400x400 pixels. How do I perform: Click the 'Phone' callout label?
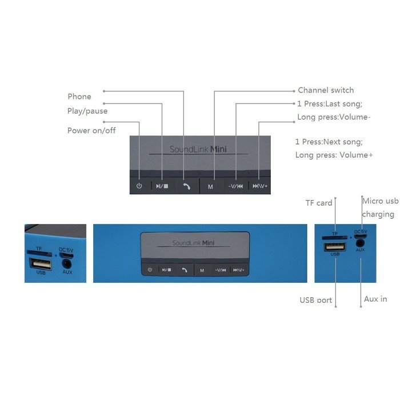point(79,97)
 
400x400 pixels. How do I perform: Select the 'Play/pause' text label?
point(87,111)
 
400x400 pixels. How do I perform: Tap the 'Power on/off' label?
point(91,130)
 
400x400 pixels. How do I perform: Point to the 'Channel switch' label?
point(326,90)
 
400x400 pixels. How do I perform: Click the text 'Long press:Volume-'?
point(334,117)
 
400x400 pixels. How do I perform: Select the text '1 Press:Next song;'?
point(329,142)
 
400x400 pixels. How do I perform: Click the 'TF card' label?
point(319,203)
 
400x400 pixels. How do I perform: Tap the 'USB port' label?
point(316,300)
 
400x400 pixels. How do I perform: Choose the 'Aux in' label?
point(375,299)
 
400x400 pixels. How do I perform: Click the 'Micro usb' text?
point(381,201)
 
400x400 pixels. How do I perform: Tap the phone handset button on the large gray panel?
point(187,186)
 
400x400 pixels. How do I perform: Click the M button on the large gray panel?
point(210,186)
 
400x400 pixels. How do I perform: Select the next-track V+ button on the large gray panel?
point(260,186)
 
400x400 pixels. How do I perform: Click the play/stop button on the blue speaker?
point(167,270)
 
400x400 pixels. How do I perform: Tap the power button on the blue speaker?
point(150,270)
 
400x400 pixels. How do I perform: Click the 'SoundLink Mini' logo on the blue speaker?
point(193,243)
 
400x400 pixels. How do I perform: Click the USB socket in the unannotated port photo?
point(41,264)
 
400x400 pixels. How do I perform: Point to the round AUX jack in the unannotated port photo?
point(67,263)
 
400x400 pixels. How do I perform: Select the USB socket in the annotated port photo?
point(335,247)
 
